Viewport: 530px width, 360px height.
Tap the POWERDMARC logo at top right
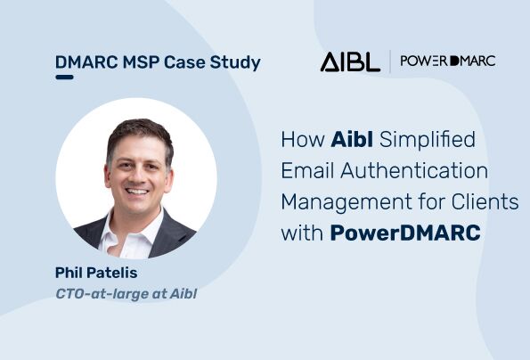click(447, 61)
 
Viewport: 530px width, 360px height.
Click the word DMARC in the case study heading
click(83, 62)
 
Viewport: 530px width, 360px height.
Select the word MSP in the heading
click(135, 62)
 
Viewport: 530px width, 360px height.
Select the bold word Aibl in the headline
click(354, 141)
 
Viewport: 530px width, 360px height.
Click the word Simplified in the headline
click(428, 141)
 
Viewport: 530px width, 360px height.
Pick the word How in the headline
click(301, 141)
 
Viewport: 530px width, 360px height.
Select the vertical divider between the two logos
click(389, 61)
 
